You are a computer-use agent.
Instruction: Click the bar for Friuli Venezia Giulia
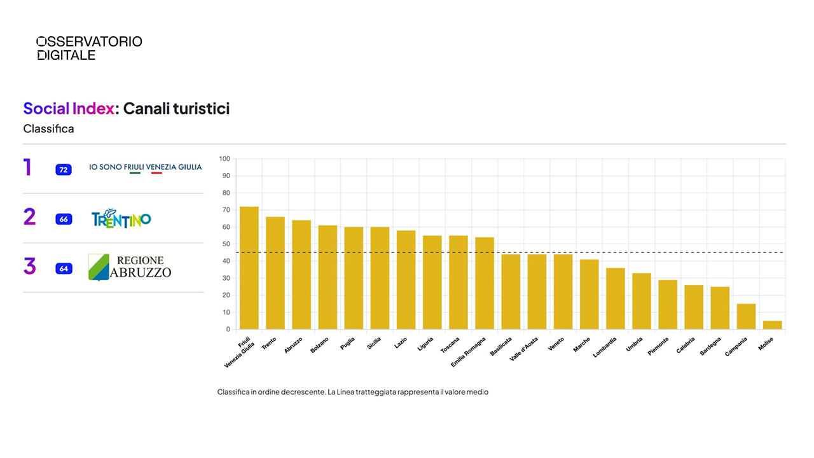click(249, 268)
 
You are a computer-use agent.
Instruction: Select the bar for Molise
click(772, 325)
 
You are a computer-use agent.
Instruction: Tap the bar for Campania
click(746, 316)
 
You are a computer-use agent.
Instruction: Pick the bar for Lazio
click(406, 280)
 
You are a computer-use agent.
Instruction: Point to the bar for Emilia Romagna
click(485, 283)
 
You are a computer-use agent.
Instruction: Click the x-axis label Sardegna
click(711, 345)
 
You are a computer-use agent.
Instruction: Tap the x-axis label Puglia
click(348, 343)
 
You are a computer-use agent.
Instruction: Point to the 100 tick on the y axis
click(224, 158)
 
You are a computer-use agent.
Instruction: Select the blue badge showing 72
click(64, 170)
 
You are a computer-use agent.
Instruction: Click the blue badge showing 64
click(64, 268)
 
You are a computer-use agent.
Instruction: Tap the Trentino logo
click(121, 218)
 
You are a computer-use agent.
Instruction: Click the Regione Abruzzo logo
click(130, 267)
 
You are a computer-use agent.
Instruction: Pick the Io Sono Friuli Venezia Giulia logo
click(145, 167)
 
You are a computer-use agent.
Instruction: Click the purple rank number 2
click(29, 217)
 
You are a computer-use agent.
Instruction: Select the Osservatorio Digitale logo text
click(89, 48)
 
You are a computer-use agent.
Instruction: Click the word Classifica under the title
click(49, 129)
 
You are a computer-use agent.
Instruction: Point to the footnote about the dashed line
click(352, 392)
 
